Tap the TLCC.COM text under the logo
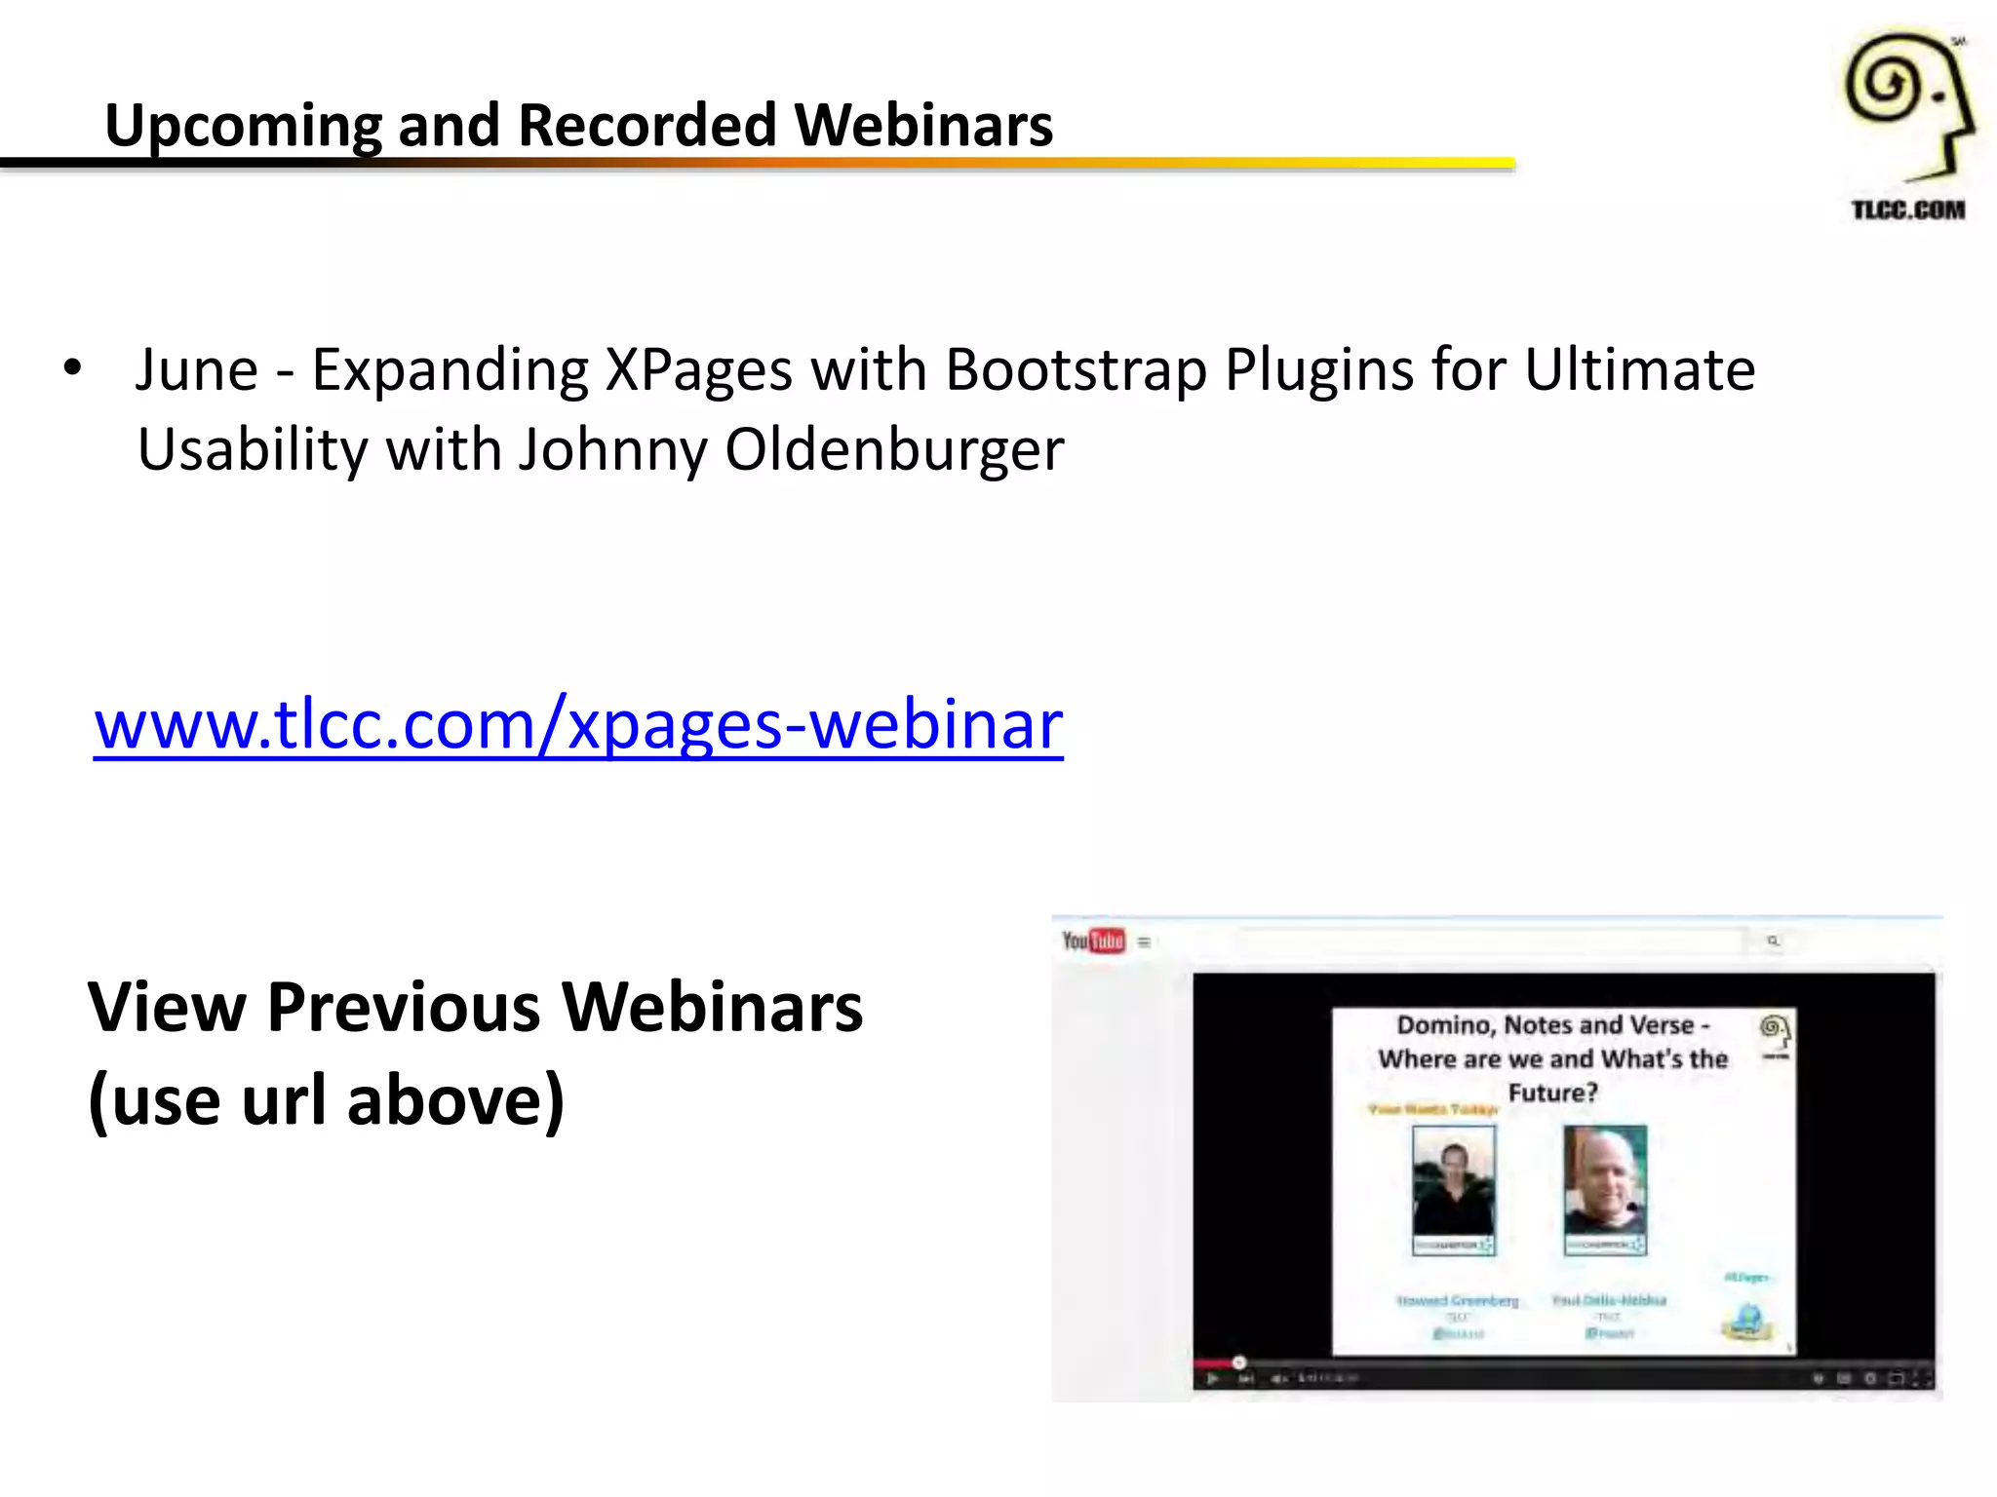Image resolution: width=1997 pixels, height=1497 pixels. pyautogui.click(x=1907, y=210)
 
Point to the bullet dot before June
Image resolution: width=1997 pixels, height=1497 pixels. pyautogui.click(x=71, y=369)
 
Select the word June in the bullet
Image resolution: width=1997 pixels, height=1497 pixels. pyautogui.click(x=196, y=370)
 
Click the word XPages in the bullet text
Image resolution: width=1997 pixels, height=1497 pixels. pyautogui.click(x=698, y=370)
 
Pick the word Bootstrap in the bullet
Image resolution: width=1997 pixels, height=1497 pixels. pyautogui.click(x=1076, y=370)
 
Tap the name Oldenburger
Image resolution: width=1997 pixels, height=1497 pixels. pyautogui.click(x=893, y=450)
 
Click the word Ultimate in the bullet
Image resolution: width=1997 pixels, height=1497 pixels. pyautogui.click(x=1639, y=370)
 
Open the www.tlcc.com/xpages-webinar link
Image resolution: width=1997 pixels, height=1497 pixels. pyautogui.click(x=578, y=725)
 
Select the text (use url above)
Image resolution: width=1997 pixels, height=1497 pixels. pyautogui.click(x=327, y=1100)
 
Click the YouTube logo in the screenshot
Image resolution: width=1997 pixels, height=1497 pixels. pyautogui.click(x=1093, y=940)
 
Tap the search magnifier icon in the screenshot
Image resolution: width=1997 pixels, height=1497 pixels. pyautogui.click(x=1773, y=940)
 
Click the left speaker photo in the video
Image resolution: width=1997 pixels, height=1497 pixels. pyautogui.click(x=1453, y=1189)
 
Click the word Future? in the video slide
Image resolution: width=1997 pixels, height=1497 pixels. pyautogui.click(x=1552, y=1093)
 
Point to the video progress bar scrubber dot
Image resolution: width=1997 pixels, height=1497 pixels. pyautogui.click(x=1238, y=1362)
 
